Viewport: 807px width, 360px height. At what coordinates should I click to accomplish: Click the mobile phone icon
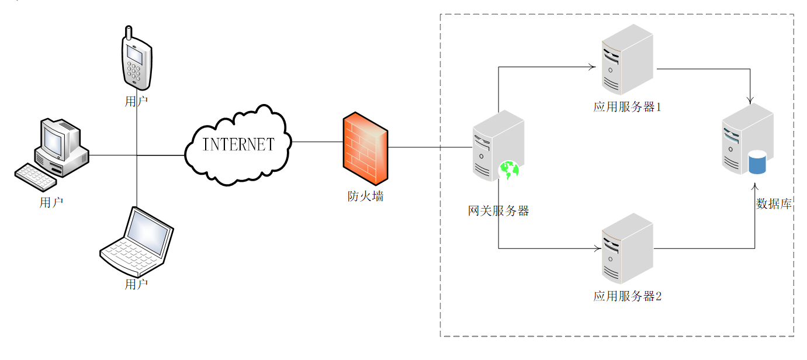click(x=137, y=58)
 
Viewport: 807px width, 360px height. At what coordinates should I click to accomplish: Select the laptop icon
click(x=137, y=241)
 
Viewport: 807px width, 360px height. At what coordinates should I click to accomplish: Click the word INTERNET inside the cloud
click(x=238, y=144)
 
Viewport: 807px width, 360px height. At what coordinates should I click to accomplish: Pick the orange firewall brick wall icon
click(x=365, y=148)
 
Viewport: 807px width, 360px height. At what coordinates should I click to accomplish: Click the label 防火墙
click(x=365, y=196)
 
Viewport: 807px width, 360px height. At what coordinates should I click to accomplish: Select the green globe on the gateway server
click(x=509, y=170)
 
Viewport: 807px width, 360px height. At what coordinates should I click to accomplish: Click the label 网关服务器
click(x=498, y=211)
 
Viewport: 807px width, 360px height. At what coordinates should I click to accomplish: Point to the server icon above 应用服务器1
click(x=627, y=60)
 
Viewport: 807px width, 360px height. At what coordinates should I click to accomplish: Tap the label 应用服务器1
click(x=627, y=107)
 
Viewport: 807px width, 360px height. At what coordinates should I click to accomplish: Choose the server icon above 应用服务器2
click(x=627, y=248)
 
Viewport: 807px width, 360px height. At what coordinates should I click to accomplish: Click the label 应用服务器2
click(x=627, y=296)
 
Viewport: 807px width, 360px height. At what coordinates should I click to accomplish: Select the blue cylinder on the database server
click(x=757, y=162)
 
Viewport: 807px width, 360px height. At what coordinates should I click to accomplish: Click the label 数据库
click(x=774, y=204)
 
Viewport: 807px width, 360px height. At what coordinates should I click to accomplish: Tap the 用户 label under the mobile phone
click(x=136, y=102)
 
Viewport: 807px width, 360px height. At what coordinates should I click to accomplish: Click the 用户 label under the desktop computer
click(x=51, y=203)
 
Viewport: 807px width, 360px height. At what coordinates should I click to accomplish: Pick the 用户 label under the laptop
click(x=136, y=285)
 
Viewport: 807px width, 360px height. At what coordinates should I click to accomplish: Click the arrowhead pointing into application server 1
click(x=593, y=67)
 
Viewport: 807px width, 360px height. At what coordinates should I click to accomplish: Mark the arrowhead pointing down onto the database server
click(x=750, y=101)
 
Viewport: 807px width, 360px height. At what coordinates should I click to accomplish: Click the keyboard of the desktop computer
click(x=35, y=177)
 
